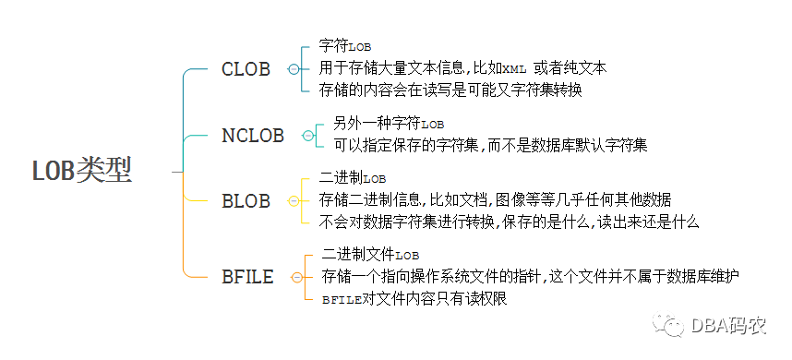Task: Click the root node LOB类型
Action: click(82, 171)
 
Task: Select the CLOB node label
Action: click(246, 70)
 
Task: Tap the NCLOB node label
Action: click(253, 136)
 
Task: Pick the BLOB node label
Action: click(246, 201)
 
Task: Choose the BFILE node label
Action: click(247, 277)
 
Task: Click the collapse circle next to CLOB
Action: click(294, 70)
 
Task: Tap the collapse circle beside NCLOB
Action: click(308, 136)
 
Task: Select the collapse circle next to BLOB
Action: click(294, 201)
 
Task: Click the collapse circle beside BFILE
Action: click(296, 277)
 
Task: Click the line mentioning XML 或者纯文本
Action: click(462, 67)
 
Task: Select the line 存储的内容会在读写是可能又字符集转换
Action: click(450, 90)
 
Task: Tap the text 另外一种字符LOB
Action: click(389, 123)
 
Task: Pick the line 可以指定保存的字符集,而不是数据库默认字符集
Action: click(490, 145)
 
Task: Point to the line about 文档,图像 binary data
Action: click(495, 199)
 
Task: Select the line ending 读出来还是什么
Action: click(510, 222)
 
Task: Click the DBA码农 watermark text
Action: click(725, 325)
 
